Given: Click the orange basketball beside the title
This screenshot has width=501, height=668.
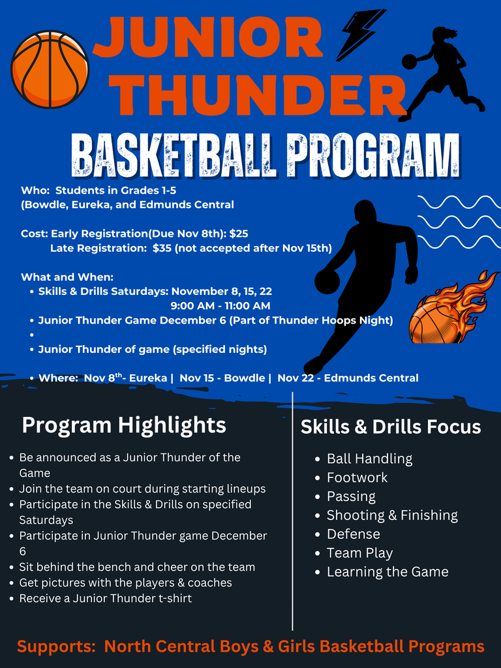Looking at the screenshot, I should pos(50,69).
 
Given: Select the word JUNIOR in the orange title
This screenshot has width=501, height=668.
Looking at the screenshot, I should pos(209,38).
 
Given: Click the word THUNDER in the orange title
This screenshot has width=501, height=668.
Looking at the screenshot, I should pos(261,96).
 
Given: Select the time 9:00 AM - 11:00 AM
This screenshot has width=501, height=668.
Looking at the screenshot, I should pos(220,305).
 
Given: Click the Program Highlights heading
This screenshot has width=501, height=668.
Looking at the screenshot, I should pos(124,425).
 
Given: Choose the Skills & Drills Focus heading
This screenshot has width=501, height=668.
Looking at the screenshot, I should pos(391,427).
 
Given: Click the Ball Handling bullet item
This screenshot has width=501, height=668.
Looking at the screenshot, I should pos(369,459).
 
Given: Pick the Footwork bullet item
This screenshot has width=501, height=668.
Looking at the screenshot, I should pos(357,478).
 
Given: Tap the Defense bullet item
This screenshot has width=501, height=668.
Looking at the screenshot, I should pos(353,534).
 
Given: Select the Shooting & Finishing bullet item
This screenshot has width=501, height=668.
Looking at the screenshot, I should pos(392,515).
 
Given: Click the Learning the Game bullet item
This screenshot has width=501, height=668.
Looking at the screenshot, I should pos(387,572).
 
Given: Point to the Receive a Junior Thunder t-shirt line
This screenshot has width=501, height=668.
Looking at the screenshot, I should pos(106,598).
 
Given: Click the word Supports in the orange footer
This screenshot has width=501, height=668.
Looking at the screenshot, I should pos(55,646).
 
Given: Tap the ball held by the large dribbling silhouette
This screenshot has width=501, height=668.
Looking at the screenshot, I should pos(327,282).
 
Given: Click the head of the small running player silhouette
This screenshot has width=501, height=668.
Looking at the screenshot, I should pos(441,34).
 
